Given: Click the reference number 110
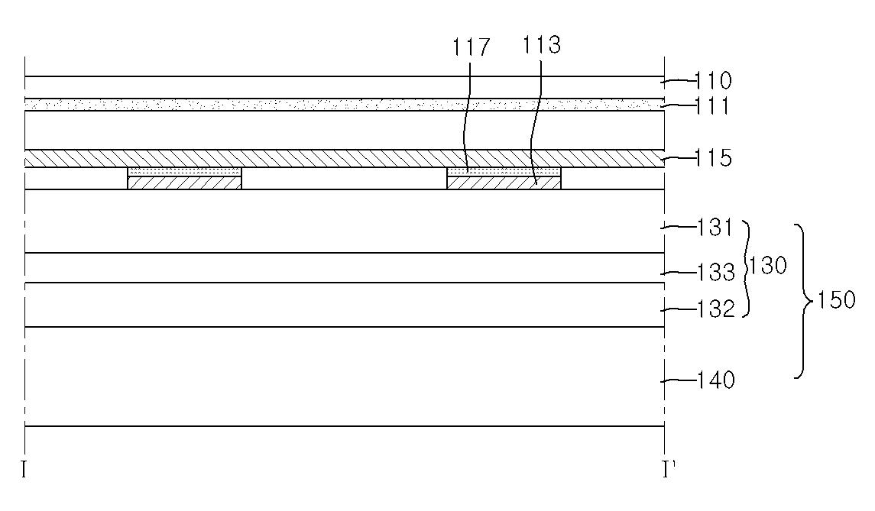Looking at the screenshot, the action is (713, 81).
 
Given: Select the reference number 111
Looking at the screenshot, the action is (712, 106).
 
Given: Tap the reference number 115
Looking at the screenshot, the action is (713, 158).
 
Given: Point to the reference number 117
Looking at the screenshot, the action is (472, 47).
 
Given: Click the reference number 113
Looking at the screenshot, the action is (541, 44).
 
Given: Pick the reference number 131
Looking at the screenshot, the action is (715, 228).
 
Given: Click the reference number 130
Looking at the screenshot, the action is (768, 266).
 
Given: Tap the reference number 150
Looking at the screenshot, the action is (836, 300).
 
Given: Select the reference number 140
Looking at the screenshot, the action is (716, 380).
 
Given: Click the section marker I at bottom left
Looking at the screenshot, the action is (24, 470).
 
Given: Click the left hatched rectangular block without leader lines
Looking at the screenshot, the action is (185, 183).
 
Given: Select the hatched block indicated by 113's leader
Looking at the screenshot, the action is (504, 183).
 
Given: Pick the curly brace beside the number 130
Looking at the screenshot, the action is (746, 268).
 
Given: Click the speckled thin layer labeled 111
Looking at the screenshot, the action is (345, 105).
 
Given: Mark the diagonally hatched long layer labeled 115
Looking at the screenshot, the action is (345, 158).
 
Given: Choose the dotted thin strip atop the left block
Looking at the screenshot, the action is (185, 171).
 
